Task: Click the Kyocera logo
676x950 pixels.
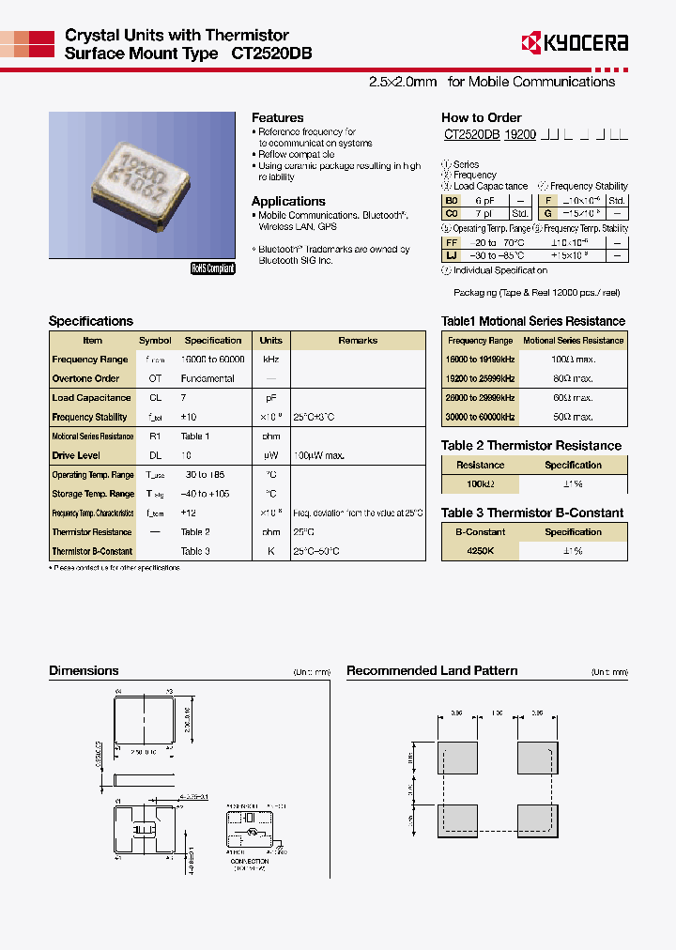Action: pos(574,42)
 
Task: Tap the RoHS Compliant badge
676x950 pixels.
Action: pos(213,268)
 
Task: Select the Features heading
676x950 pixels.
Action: pos(277,117)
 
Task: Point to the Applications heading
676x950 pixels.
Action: pos(288,201)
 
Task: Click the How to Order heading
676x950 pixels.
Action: pos(481,117)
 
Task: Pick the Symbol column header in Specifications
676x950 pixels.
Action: pos(155,341)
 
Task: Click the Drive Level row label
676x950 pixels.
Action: pos(76,455)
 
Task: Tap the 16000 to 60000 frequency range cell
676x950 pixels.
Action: pos(213,360)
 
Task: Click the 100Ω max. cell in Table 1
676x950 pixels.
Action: pos(573,360)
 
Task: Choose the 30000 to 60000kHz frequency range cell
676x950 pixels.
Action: pos(481,417)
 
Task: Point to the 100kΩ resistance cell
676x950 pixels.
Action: pos(480,483)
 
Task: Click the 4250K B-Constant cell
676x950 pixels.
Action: pos(480,551)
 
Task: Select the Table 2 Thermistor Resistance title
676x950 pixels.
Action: pos(531,446)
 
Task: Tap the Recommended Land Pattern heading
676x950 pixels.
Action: pos(432,670)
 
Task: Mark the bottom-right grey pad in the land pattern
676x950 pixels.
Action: pos(537,821)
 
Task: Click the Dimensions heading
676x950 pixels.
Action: pos(84,670)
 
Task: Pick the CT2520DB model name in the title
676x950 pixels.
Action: pos(271,54)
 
